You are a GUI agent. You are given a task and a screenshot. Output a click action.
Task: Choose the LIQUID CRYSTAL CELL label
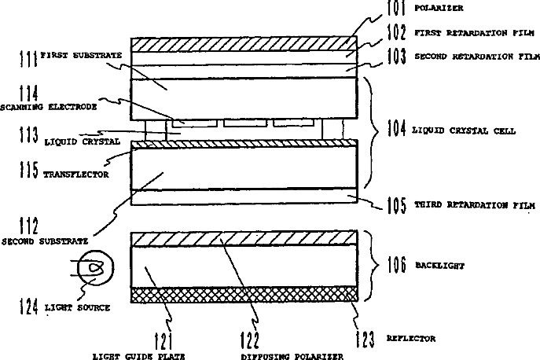click(465, 130)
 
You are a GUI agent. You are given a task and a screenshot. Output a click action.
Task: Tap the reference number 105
click(396, 206)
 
